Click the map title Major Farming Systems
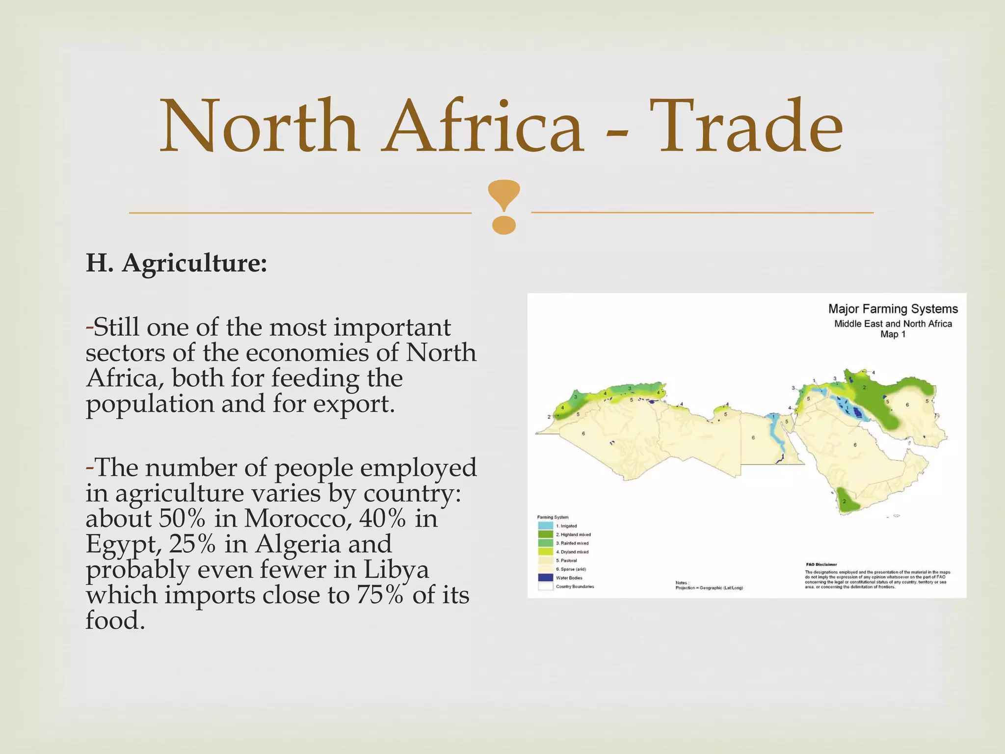click(x=893, y=309)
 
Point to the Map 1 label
click(x=893, y=334)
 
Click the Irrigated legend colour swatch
click(x=545, y=526)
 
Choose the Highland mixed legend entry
click(x=573, y=535)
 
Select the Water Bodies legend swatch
click(x=545, y=578)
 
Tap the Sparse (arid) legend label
click(x=571, y=569)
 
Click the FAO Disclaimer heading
click(x=821, y=565)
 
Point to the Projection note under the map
click(x=709, y=588)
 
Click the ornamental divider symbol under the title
click(x=504, y=206)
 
